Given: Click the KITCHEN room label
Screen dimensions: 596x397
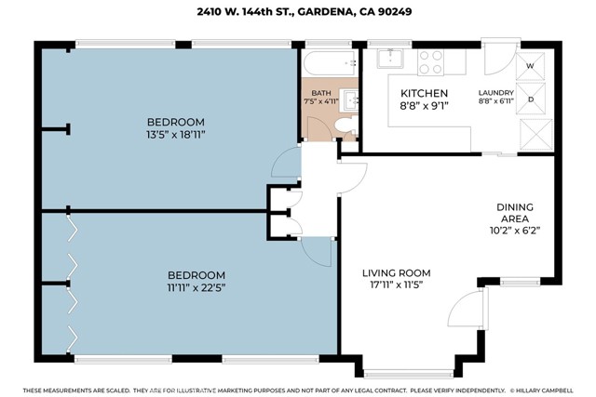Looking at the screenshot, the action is pos(425,93).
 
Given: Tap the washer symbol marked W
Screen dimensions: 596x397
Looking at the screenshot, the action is pos(530,66).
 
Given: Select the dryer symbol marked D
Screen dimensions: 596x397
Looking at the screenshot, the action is pos(531,99).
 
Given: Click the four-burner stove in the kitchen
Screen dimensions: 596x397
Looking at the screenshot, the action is pos(430,62).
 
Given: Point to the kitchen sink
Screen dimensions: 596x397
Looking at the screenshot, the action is pos(390,59).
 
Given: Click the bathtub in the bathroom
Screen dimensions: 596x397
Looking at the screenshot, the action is pos(330,63).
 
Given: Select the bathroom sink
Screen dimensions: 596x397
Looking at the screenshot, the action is pos(350,100).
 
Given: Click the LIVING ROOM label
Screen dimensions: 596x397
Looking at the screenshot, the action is pos(397,273).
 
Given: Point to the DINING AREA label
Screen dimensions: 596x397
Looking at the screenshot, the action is pos(515,213).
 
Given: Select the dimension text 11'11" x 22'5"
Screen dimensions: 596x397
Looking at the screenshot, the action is pos(196,287).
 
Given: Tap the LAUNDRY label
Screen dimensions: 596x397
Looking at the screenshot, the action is pos(496,93).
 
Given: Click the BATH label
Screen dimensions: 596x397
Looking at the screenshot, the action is pos(321,93).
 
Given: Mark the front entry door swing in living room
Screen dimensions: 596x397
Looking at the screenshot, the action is pos(466,308).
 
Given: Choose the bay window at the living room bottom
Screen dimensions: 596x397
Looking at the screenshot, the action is pos(408,374).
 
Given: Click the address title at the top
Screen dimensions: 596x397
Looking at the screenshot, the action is pos(305,11).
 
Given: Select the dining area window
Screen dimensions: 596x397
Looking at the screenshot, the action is pos(520,282).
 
